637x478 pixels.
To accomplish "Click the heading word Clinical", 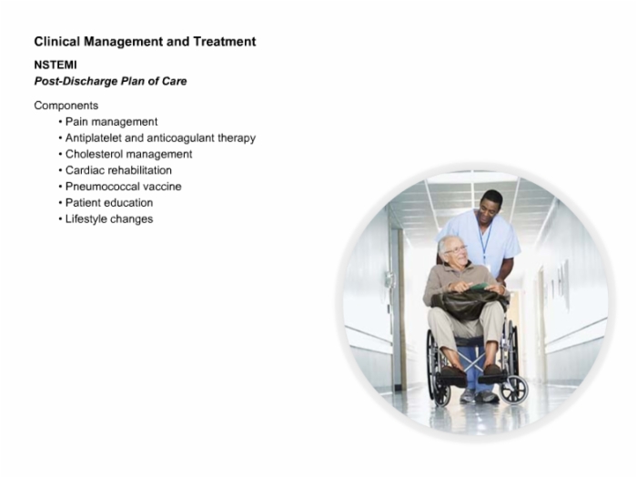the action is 57,42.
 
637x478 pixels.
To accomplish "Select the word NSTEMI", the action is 56,65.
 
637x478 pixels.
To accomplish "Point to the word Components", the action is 66,106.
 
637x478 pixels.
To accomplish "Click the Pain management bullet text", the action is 111,122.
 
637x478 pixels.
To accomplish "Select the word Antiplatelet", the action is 94,138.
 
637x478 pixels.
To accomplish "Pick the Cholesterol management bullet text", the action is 129,155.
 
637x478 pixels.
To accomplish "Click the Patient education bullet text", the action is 109,203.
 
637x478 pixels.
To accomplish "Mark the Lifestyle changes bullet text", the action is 109,219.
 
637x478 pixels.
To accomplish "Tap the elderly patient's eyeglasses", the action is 456,249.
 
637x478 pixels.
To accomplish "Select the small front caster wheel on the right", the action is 514,390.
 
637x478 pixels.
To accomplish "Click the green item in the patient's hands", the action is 479,287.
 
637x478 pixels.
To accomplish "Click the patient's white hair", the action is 447,241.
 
